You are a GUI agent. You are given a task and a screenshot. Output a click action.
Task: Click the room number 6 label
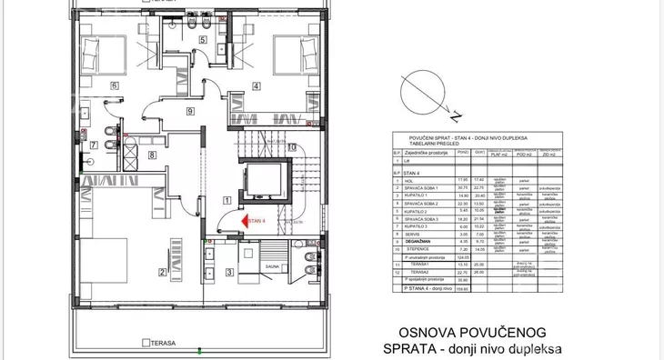tap(115, 85)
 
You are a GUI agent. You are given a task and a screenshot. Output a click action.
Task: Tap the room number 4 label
tap(256, 86)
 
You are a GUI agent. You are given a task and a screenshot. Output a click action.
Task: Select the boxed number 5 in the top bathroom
tap(203, 41)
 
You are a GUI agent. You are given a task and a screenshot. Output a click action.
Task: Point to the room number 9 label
tap(189, 111)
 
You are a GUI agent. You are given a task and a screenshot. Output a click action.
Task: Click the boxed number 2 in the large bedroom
tap(164, 271)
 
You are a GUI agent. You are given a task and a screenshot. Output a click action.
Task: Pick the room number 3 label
tap(229, 271)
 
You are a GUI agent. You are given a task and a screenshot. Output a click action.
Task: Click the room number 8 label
tap(152, 155)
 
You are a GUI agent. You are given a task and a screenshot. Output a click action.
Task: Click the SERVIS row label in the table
tap(417, 233)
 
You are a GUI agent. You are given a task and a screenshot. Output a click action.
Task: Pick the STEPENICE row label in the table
tap(420, 248)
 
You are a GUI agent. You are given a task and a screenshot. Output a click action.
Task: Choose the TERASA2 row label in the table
tap(419, 271)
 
